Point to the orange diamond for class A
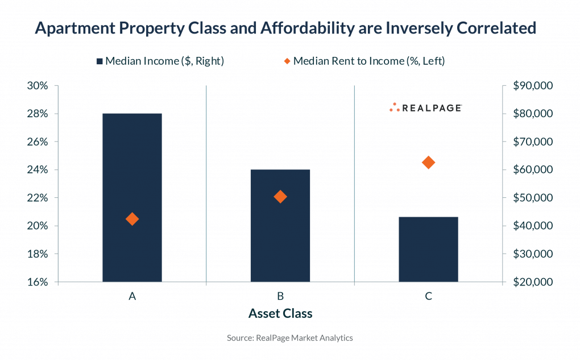pyautogui.click(x=132, y=219)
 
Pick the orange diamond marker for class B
pyautogui.click(x=280, y=197)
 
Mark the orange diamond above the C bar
pyautogui.click(x=429, y=163)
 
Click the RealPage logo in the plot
pyautogui.click(x=425, y=107)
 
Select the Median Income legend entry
pyautogui.click(x=160, y=61)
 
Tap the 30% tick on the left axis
pyautogui.click(x=38, y=86)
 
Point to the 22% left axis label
pyautogui.click(x=38, y=198)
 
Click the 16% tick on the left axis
pyautogui.click(x=38, y=282)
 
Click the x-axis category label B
pyautogui.click(x=280, y=296)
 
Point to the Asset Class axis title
pyautogui.click(x=280, y=313)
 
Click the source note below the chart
pyautogui.click(x=290, y=338)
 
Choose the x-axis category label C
pyautogui.click(x=428, y=296)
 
